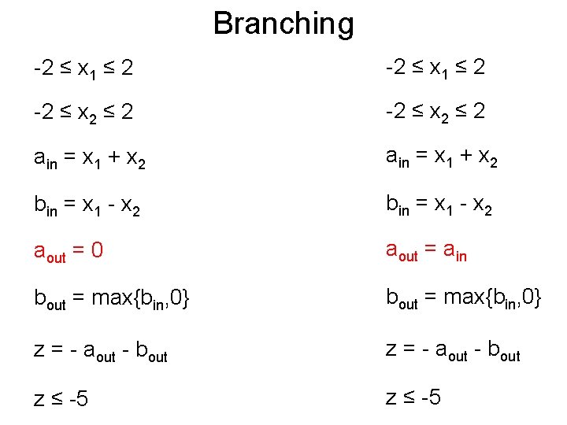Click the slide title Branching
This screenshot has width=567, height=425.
[283, 24]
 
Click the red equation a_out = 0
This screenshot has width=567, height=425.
[69, 252]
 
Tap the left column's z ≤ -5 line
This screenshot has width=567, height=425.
[61, 399]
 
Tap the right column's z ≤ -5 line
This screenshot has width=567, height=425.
[413, 397]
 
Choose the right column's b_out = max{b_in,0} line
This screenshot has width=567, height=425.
[464, 300]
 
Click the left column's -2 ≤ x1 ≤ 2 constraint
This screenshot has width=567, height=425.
[83, 68]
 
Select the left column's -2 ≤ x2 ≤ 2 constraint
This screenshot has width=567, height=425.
[83, 113]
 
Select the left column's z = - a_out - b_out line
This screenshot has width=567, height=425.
[101, 350]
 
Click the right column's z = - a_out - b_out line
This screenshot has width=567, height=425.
[453, 350]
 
